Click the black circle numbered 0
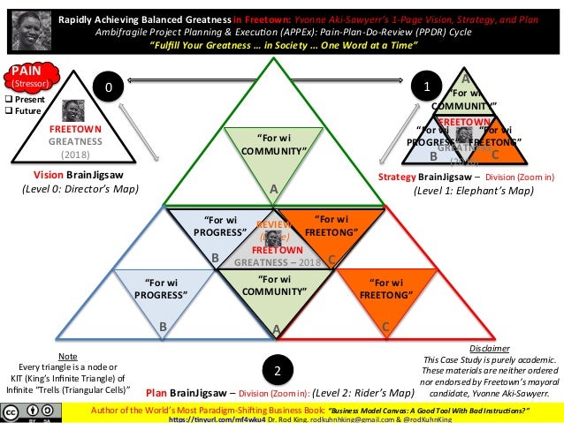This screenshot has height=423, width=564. click(108, 87)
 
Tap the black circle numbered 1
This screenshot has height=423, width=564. click(427, 87)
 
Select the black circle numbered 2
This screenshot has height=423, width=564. click(276, 368)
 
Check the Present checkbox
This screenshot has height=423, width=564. click(7, 100)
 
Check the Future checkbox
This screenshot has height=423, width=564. click(7, 112)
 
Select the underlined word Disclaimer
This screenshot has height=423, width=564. click(491, 349)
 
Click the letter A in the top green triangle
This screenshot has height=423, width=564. click(274, 189)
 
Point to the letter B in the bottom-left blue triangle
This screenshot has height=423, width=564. click(164, 327)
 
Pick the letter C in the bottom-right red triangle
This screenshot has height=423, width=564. click(386, 327)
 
